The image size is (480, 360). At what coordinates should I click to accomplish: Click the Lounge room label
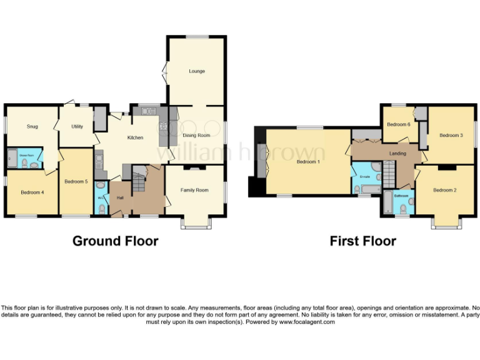tap(197, 71)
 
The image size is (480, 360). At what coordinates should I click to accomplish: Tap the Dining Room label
tap(196, 135)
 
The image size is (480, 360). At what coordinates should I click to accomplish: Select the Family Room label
tap(194, 190)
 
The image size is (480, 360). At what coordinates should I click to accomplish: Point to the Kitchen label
tap(136, 137)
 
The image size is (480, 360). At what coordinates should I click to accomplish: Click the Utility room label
tap(77, 126)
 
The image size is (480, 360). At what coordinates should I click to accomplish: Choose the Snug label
tap(32, 126)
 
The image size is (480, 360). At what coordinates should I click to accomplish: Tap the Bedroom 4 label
tap(32, 192)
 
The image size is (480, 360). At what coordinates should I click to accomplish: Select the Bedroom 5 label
tap(76, 182)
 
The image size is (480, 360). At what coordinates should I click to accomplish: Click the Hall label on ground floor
tap(121, 198)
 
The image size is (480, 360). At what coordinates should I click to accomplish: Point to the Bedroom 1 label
tap(308, 162)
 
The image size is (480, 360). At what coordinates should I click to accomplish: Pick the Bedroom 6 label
tap(398, 124)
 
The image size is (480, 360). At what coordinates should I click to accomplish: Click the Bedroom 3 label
tap(451, 135)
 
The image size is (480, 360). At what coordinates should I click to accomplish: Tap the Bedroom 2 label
tap(444, 190)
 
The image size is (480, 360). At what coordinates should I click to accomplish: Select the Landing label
tap(397, 153)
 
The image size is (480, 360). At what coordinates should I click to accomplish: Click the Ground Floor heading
tap(116, 241)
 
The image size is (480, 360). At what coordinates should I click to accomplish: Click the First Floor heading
tap(363, 241)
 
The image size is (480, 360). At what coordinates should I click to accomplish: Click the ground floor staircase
tap(137, 181)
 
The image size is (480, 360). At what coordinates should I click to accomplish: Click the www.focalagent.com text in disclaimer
tap(307, 322)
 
